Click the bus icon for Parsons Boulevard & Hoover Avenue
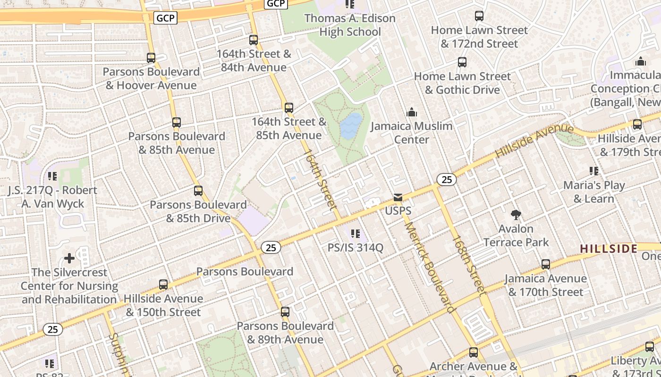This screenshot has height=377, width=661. pos(151,58)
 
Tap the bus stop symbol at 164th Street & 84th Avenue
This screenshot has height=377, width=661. pos(254,40)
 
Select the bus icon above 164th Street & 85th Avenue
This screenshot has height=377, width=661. pos(289,108)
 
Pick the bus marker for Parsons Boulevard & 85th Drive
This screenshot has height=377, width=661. pos(198,191)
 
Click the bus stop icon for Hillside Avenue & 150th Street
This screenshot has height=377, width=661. pos(163,285)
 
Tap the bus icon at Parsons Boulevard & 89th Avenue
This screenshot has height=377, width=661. pos(285,312)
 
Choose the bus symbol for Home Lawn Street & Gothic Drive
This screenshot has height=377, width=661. pos(462,62)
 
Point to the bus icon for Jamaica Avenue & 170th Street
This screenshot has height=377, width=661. pos(546,264)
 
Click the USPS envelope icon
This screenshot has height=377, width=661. pos(398,197)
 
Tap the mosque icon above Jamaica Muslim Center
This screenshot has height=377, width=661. pos(412,112)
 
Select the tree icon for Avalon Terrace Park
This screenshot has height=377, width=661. pos(516,215)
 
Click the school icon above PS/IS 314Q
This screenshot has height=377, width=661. pos(356,233)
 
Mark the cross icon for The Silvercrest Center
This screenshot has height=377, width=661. pos(69,258)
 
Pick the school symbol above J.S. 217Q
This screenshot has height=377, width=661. pos(52,176)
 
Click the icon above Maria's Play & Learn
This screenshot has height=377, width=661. pos(593,171)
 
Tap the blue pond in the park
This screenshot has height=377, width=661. pos(351,125)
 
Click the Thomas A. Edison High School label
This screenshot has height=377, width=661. pos(350,25)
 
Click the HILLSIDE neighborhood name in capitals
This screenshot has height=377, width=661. pos(609,248)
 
